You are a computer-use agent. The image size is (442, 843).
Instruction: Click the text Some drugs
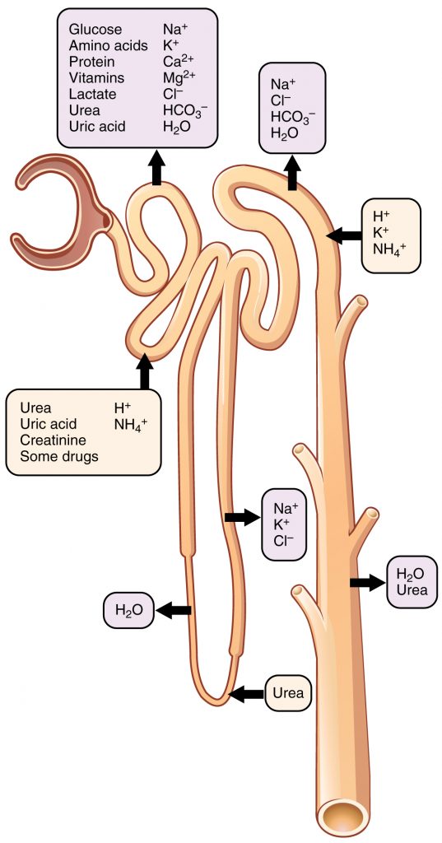58,455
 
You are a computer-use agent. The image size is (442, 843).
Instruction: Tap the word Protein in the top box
91,62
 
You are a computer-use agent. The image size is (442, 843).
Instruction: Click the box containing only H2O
128,611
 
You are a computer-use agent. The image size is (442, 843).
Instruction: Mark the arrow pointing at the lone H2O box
174,611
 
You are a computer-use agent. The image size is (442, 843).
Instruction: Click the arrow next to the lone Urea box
246,694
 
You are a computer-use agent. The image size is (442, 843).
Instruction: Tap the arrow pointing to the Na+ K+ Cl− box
240,517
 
